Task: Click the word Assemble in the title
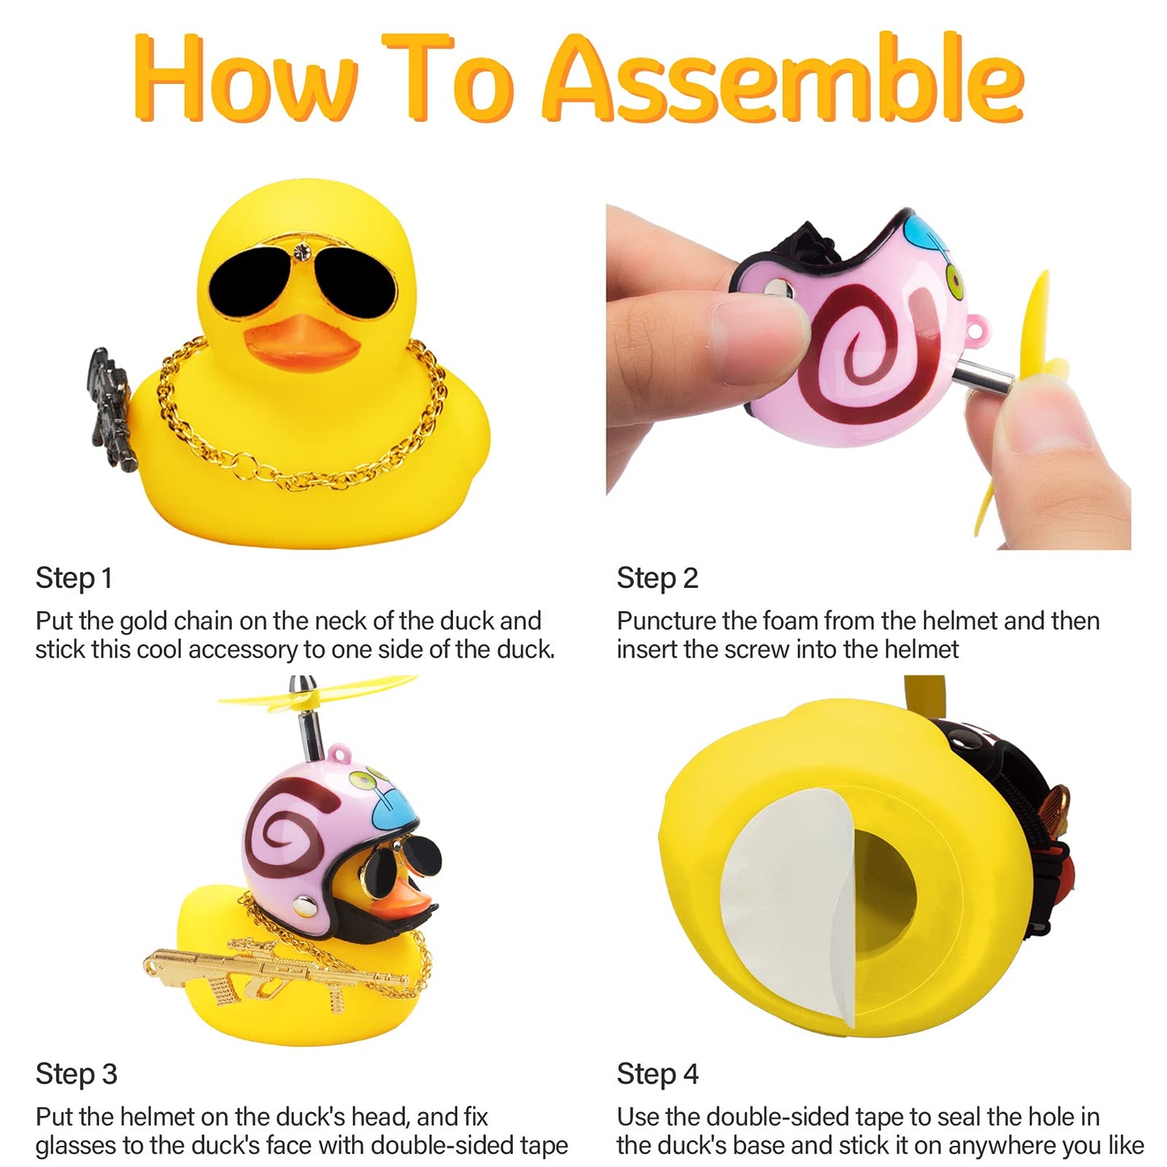[783, 78]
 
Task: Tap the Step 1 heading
[73, 578]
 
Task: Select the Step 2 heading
[657, 578]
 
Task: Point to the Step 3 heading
[76, 1074]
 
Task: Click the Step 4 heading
[657, 1074]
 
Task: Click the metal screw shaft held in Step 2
[983, 376]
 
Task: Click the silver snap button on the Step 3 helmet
[304, 907]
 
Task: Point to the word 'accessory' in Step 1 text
[242, 651]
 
